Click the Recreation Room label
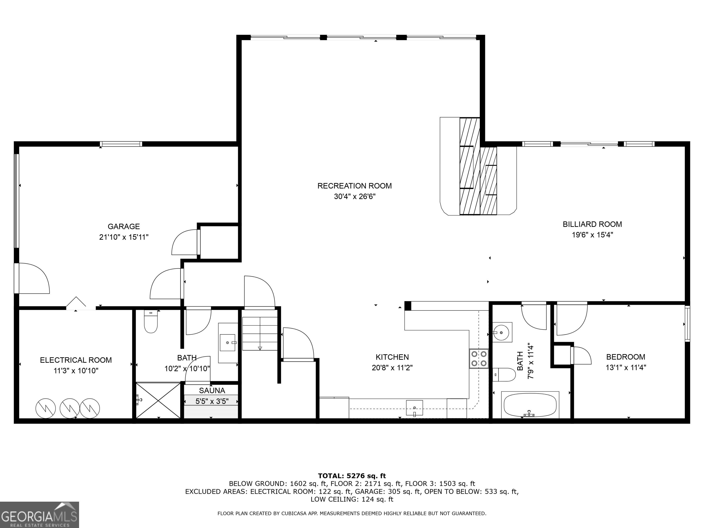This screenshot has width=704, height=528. click(x=354, y=186)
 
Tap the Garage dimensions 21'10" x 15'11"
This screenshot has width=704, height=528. click(x=124, y=237)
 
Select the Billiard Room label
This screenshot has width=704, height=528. click(x=592, y=224)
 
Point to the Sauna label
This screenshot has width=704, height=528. click(x=212, y=390)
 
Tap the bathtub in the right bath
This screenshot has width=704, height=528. click(x=530, y=405)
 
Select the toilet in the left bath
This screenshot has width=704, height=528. click(x=151, y=322)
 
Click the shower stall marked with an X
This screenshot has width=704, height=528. click(x=158, y=400)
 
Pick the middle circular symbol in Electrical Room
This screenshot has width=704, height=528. click(x=70, y=408)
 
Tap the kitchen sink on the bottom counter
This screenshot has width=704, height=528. click(x=414, y=408)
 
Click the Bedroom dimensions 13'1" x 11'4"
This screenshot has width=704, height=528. click(x=625, y=368)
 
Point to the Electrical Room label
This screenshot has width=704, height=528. click(x=76, y=360)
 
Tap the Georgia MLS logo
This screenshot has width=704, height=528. click(x=39, y=515)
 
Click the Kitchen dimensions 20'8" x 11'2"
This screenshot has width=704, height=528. click(x=392, y=368)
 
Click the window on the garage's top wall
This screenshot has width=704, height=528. click(x=121, y=144)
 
